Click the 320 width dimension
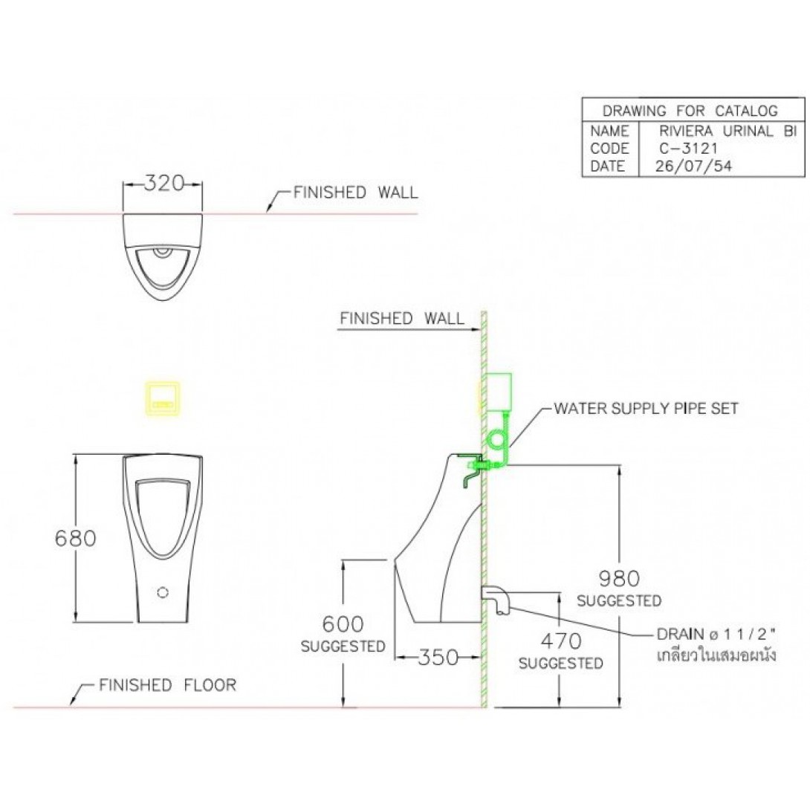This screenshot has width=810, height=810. (163, 183)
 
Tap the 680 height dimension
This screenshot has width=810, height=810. (75, 538)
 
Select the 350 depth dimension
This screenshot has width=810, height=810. (438, 657)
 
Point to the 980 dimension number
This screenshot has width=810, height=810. (619, 579)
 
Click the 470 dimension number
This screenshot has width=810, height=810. (561, 641)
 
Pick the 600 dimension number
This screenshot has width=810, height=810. (343, 624)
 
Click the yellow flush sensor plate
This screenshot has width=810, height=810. (162, 399)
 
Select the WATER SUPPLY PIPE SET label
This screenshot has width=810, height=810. (647, 408)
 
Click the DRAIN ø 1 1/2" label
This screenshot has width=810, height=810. (716, 634)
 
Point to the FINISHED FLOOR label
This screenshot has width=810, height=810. (167, 685)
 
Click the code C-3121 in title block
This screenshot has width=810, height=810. (689, 149)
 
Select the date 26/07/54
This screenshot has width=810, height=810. (693, 166)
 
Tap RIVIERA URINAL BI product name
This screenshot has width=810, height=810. (728, 131)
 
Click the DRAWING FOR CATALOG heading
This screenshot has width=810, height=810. (690, 111)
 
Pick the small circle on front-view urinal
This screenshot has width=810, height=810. (163, 592)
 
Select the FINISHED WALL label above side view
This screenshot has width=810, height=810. (402, 318)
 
